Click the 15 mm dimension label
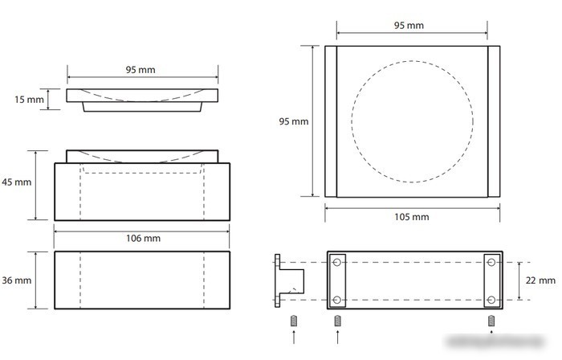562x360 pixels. [29, 100]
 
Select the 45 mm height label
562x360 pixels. [17, 182]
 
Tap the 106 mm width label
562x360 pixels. [143, 239]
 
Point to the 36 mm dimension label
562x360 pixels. [17, 280]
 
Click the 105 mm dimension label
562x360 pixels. [411, 217]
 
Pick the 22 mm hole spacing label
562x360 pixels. [540, 280]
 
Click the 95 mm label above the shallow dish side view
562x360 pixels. [140, 70]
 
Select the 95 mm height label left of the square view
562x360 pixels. [294, 121]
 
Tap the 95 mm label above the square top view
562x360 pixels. [409, 26]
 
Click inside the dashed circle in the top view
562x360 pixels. [412, 121]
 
